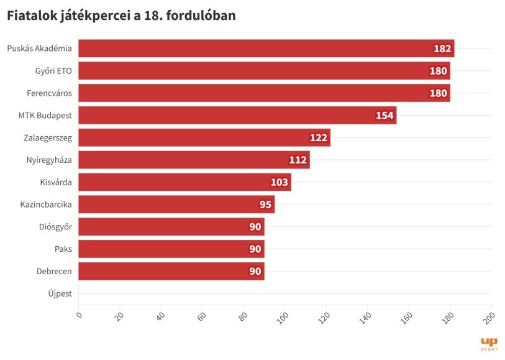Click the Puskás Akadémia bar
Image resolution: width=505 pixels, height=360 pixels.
[x=266, y=48]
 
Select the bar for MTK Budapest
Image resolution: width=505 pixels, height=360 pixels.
[x=237, y=116]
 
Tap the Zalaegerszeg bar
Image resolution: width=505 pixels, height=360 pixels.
[x=204, y=137]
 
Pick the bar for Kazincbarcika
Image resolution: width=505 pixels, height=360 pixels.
[x=176, y=205]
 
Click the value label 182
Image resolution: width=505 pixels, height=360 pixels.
[x=442, y=48]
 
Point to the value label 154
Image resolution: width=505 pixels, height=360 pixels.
[x=384, y=116]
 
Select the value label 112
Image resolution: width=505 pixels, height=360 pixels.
[x=298, y=160]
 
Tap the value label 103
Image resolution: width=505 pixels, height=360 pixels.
[x=279, y=182]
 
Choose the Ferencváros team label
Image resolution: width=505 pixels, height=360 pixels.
[x=50, y=93]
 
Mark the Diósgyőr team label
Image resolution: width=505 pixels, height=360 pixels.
[x=55, y=227]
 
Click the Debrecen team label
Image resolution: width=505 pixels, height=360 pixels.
[x=53, y=271]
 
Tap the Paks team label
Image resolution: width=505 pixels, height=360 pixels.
[x=63, y=249]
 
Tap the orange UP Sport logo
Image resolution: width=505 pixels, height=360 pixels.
[x=489, y=344]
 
